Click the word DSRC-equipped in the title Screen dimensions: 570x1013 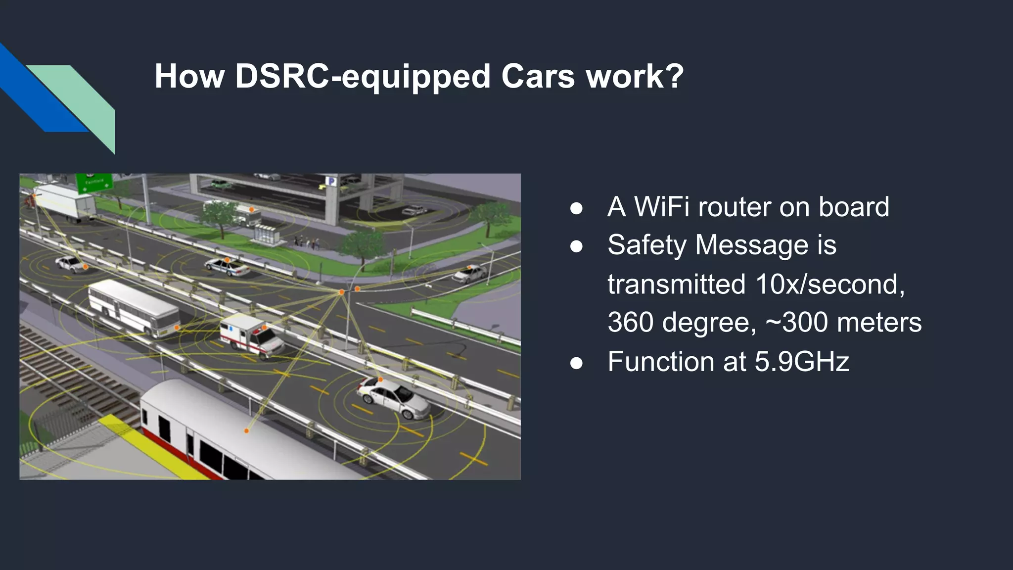[363, 77]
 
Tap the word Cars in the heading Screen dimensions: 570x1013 [538, 77]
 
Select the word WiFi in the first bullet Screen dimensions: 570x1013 [662, 207]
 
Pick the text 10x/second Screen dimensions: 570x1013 [830, 285]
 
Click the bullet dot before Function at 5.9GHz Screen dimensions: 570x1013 [576, 363]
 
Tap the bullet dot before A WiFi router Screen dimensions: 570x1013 [576, 208]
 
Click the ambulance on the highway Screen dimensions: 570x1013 [251, 335]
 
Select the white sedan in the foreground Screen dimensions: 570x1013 [393, 397]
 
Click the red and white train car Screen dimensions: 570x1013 [232, 435]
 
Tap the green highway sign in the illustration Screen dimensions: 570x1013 [94, 183]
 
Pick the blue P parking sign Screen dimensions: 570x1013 [331, 182]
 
